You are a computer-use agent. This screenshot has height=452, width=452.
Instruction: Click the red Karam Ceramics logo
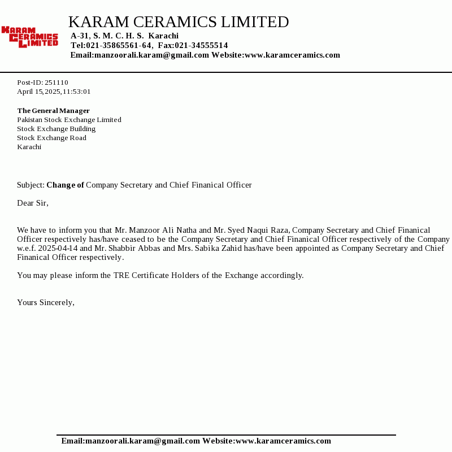tap(30, 36)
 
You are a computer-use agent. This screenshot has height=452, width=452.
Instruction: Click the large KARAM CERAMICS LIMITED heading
tap(178, 22)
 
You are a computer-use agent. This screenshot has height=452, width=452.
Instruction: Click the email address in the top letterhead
tap(151, 55)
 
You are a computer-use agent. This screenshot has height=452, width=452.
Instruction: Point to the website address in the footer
tap(283, 441)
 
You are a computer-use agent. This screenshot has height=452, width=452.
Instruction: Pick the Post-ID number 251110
tap(56, 82)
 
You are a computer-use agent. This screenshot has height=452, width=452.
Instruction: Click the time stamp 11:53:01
tap(76, 92)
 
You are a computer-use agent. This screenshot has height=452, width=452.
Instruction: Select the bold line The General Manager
tap(53, 111)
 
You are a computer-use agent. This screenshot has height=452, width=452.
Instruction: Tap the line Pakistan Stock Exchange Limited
tap(69, 120)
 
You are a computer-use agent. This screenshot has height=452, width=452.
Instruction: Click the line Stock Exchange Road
tap(51, 138)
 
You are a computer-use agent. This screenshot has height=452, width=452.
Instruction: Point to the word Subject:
tap(31, 185)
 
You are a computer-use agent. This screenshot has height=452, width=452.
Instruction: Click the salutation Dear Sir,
tap(33, 203)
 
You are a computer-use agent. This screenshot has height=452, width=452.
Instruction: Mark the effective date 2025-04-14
tap(58, 248)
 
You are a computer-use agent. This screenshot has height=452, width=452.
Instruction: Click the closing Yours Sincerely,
tap(46, 302)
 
